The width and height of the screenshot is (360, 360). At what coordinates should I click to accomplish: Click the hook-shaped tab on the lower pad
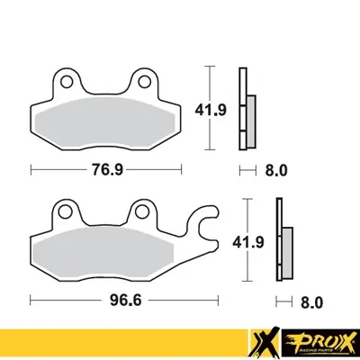[210, 222]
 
